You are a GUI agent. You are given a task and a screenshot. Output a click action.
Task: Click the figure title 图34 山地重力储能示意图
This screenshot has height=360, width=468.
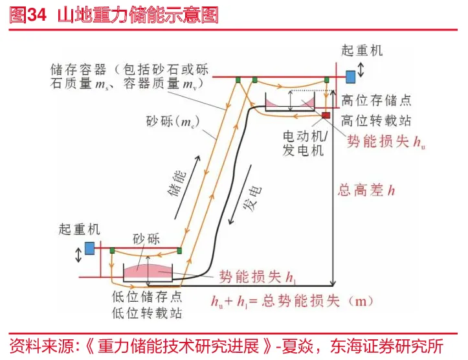[114, 15]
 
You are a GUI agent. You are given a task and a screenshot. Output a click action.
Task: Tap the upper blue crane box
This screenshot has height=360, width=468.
[351, 76]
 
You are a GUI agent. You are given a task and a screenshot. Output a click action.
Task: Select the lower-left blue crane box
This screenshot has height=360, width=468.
[90, 247]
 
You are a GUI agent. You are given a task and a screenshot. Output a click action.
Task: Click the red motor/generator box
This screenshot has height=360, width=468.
[326, 116]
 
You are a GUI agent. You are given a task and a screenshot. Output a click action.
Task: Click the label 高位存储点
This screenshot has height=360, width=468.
[376, 100]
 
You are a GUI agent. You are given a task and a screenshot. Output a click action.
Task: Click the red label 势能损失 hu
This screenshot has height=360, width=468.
[386, 141]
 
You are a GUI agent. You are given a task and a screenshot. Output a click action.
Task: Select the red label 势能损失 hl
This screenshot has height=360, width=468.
[258, 276]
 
